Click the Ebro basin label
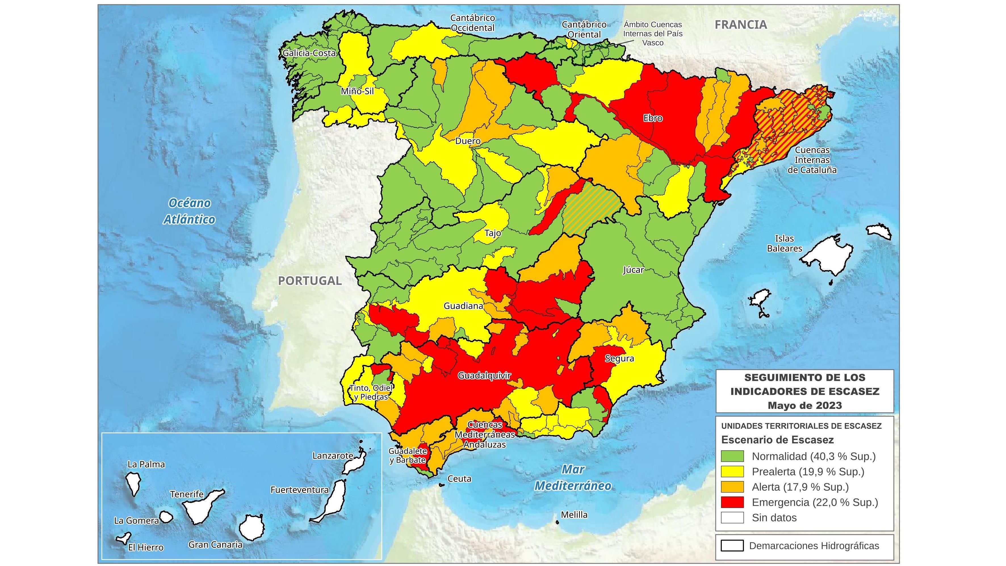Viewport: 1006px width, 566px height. point(653,118)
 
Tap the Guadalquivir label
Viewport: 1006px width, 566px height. point(484,375)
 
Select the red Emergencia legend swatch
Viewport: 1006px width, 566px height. point(732,502)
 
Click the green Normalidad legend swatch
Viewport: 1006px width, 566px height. point(732,456)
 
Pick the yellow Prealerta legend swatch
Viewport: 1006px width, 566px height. point(732,471)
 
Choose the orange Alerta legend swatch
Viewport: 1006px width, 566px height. point(732,487)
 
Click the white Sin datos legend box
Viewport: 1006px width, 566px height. point(732,517)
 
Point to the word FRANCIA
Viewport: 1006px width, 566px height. point(741,25)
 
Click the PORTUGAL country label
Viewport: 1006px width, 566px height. point(310,281)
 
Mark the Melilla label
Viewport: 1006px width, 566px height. point(574,515)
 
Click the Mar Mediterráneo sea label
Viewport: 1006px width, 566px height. point(573,477)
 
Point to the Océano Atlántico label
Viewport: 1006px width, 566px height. point(189,211)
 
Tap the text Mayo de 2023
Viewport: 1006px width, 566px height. point(804,406)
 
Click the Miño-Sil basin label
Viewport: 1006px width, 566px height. point(357,91)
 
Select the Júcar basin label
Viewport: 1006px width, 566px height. point(633,270)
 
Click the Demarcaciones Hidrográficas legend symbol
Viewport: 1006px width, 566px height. point(732,546)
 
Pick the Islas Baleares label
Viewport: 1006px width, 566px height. point(785,243)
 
